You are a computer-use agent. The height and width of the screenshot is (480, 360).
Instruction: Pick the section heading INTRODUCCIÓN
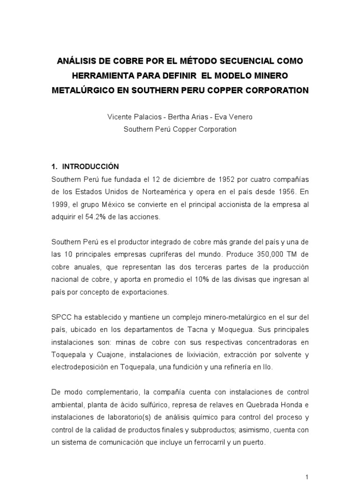tap(91, 166)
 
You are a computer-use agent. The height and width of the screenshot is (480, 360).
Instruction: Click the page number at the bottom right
tap(307, 477)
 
